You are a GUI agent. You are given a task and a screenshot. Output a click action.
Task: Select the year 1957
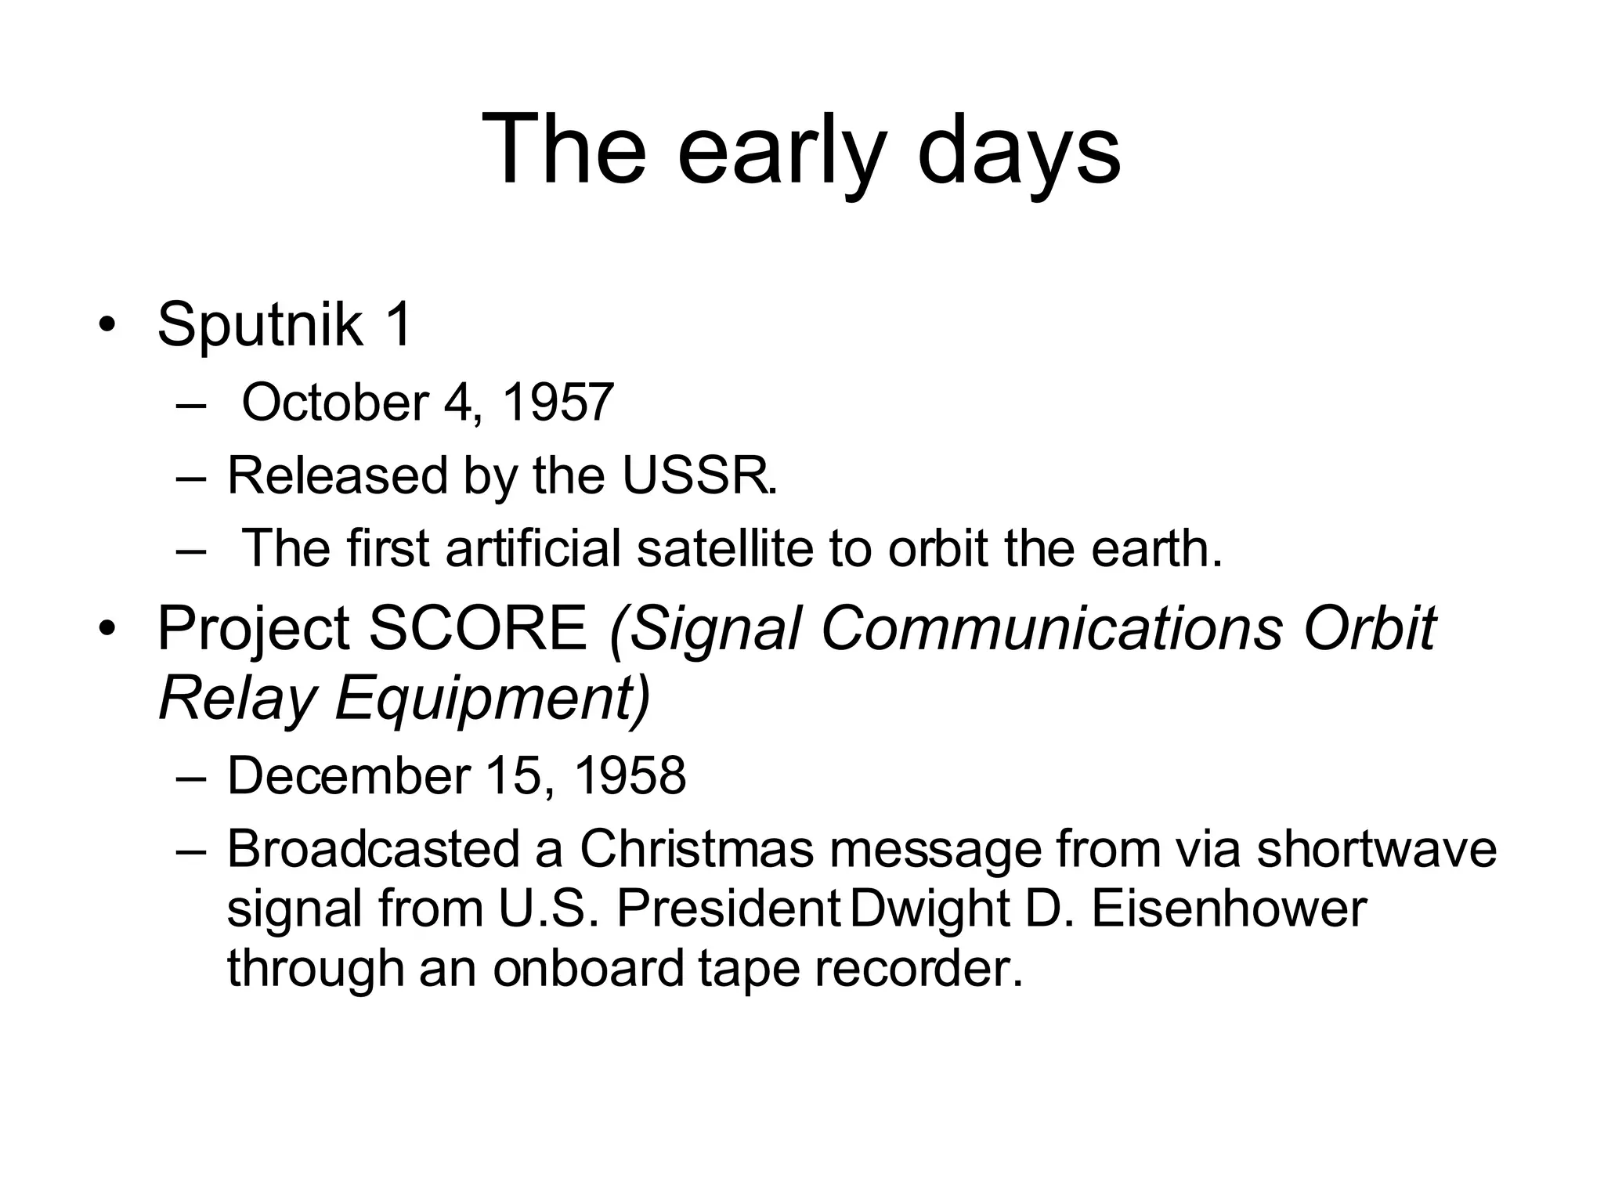[557, 403]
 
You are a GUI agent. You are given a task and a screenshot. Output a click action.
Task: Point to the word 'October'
[335, 403]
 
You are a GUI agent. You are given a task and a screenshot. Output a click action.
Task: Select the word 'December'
[349, 775]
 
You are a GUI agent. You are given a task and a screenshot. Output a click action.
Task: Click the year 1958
[630, 775]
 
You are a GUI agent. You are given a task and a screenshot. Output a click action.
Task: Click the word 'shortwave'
[1376, 848]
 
